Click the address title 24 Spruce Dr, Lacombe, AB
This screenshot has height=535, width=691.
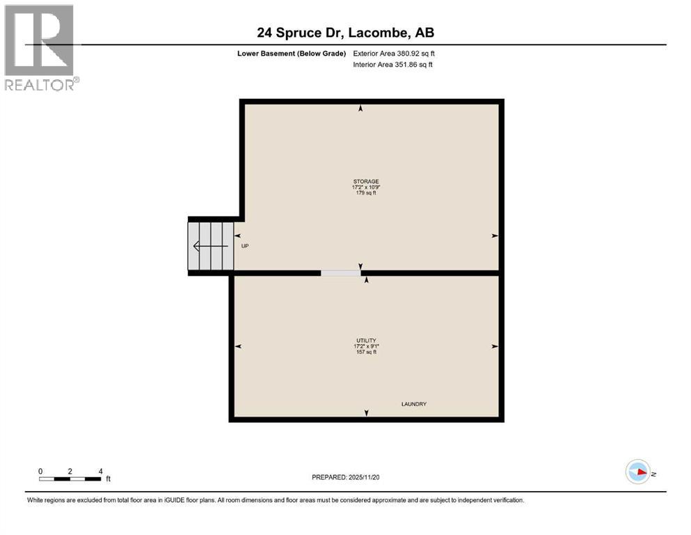click(x=345, y=33)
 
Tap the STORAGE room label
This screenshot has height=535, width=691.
click(x=365, y=181)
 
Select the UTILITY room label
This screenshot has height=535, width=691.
click(x=365, y=340)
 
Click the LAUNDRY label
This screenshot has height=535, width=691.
click(x=413, y=404)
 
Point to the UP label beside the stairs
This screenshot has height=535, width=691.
click(x=245, y=246)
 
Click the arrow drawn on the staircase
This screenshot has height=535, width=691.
click(x=209, y=246)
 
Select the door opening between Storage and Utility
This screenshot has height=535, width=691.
click(x=340, y=273)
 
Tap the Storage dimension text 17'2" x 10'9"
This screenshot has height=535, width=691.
click(x=365, y=187)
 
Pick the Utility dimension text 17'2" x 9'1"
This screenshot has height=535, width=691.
click(x=365, y=346)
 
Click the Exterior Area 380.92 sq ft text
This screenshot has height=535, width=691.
click(x=395, y=53)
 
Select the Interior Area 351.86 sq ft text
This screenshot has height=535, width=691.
click(x=393, y=65)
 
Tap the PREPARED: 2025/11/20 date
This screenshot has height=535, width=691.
click(x=345, y=477)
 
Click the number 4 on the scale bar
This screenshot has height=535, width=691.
click(x=101, y=471)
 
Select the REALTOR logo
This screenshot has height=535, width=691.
click(x=40, y=47)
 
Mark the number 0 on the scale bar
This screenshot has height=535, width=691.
click(x=41, y=471)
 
